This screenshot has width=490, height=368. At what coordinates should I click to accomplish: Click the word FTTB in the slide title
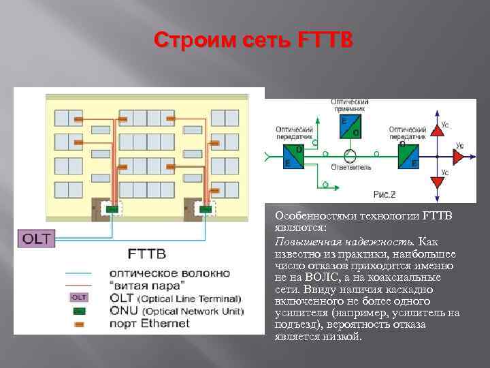point(325,42)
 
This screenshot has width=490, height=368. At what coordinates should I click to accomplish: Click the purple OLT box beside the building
point(35,239)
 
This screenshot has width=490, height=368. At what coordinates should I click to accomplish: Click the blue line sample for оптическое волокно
point(78,273)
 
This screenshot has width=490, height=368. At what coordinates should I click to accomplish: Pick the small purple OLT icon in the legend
point(78,297)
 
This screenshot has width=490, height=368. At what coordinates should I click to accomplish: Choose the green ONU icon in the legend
point(78,310)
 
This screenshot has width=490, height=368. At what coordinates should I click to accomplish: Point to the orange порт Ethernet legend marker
point(78,322)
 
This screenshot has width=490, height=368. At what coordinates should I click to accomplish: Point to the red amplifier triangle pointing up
point(435,130)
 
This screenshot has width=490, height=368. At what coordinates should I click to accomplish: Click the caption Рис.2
point(384,194)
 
